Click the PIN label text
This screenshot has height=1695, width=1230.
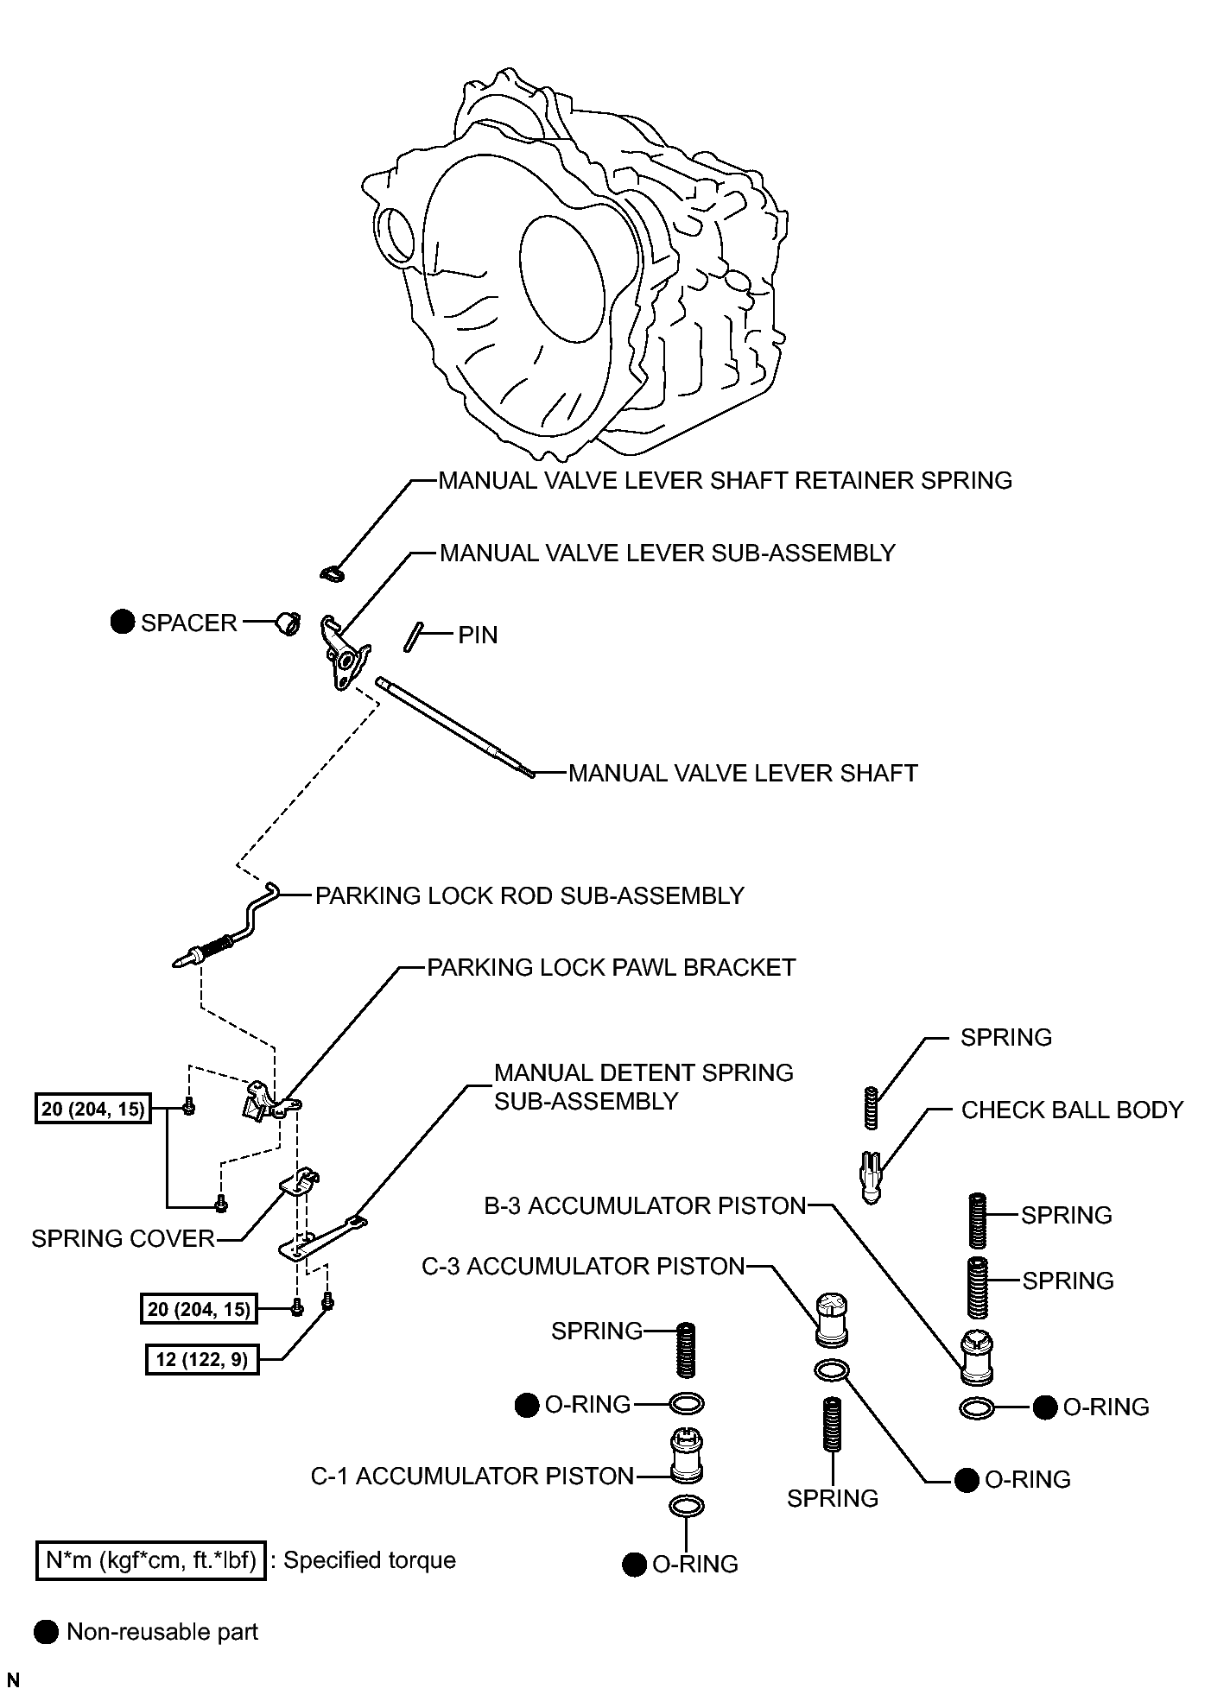point(478,636)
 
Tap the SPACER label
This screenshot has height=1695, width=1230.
point(189,623)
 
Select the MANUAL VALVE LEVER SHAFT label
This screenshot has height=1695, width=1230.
point(743,773)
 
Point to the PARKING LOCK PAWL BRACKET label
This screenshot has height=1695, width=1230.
point(612,967)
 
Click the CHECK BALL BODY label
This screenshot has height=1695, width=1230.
point(1072,1110)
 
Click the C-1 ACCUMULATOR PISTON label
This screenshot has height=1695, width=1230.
point(472,1477)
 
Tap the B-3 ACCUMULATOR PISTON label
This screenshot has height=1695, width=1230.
point(644,1205)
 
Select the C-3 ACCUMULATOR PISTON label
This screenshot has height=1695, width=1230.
point(583,1266)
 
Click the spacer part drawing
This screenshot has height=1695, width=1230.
point(288,622)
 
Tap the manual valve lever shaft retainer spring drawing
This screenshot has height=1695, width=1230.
point(331,572)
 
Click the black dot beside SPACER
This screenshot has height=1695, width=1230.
point(124,622)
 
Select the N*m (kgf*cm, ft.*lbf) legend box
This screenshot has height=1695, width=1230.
point(150,1560)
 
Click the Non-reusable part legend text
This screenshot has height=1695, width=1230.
point(162,1632)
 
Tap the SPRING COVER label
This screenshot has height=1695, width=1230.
point(123,1238)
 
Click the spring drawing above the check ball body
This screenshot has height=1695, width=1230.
point(872,1108)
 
